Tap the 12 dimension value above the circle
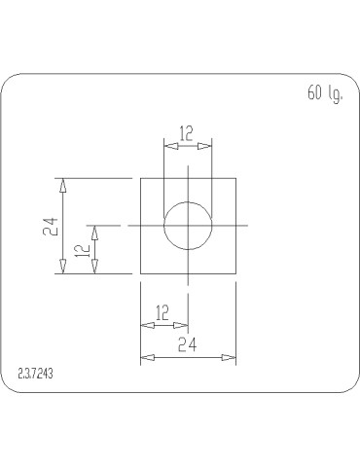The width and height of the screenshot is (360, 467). tap(187, 131)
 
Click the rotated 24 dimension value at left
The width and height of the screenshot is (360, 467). tap(54, 226)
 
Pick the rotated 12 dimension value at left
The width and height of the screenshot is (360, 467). tap(84, 249)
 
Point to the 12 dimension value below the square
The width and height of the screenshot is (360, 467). tap(162, 312)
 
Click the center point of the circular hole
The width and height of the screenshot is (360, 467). tap(187, 226)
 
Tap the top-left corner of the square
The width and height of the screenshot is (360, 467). tap(141, 179)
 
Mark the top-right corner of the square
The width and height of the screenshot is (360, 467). tap(235, 179)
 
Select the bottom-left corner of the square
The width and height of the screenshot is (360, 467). tap(141, 273)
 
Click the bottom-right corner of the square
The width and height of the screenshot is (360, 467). tap(235, 273)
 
